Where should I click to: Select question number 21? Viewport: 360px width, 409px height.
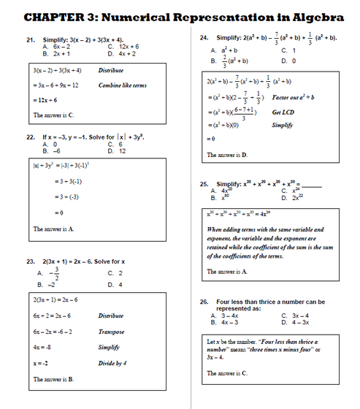tap(31, 40)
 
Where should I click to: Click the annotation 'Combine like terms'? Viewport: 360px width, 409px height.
tap(123, 85)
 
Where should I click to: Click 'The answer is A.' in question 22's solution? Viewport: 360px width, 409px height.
tap(53, 229)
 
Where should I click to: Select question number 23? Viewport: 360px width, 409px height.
tap(31, 261)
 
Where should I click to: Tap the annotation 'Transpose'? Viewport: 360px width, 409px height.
tap(112, 331)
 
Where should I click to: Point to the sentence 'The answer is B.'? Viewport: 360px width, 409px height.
tap(53, 380)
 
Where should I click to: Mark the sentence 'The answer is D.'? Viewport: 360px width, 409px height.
tap(227, 155)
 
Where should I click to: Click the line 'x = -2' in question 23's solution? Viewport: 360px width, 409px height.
tap(40, 362)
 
